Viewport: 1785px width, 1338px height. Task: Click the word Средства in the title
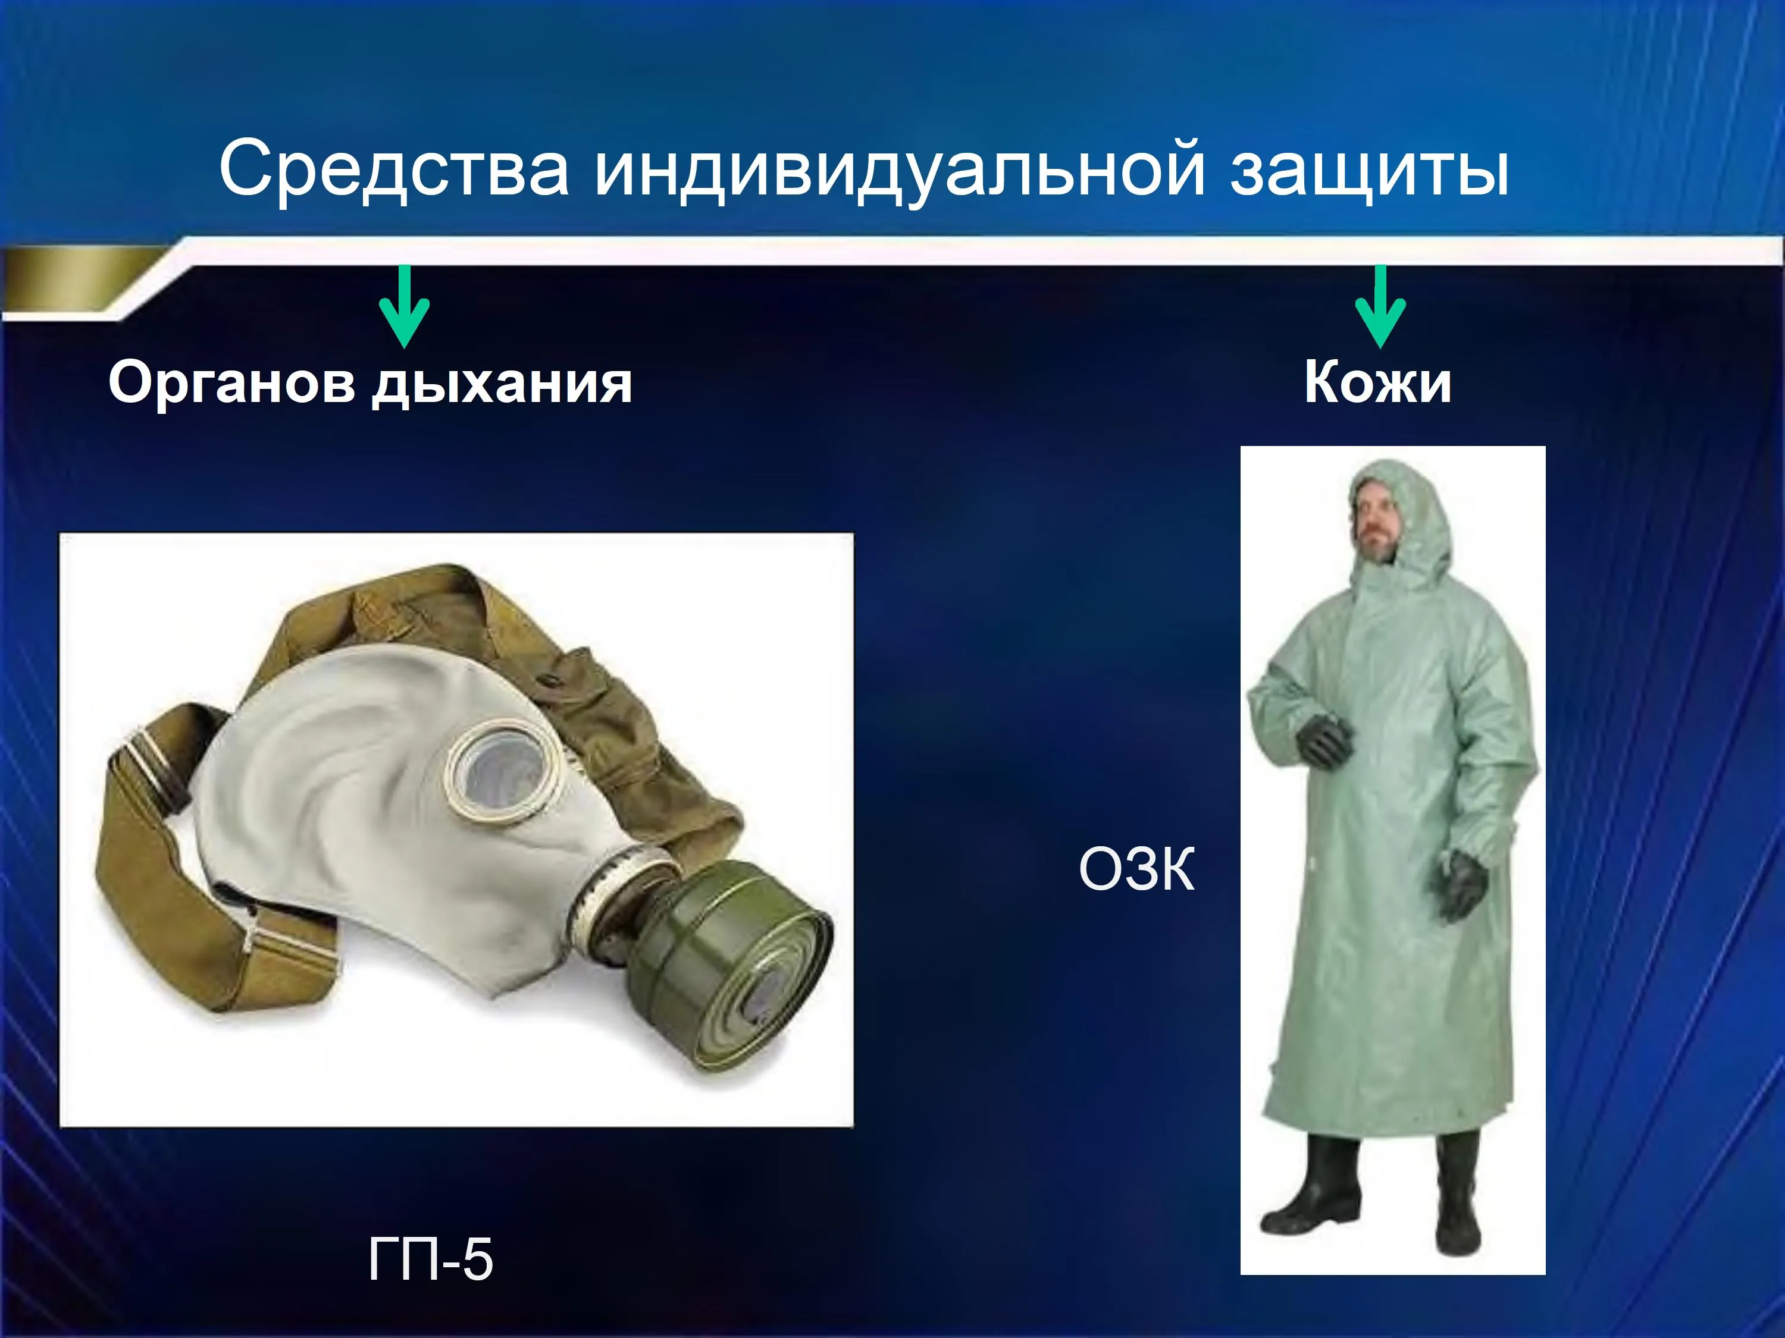(394, 168)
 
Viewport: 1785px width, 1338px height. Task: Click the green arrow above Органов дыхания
(404, 306)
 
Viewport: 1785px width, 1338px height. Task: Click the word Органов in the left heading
(231, 385)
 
